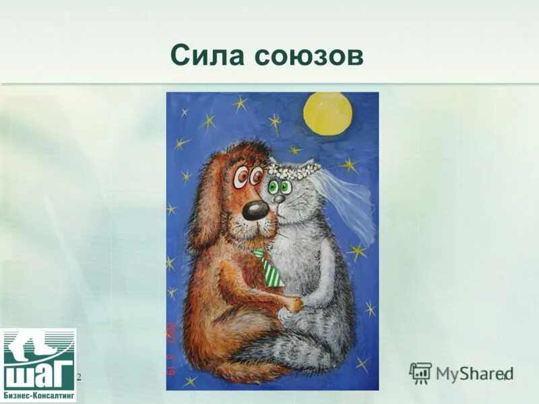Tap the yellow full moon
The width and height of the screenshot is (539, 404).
(328, 113)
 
